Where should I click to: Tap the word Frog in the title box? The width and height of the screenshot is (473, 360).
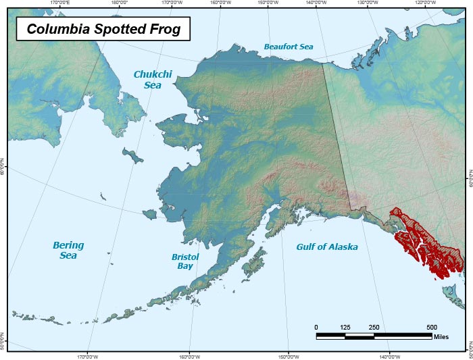click(166, 30)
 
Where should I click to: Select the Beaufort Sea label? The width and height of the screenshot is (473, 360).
click(289, 47)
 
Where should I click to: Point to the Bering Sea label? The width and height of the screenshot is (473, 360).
click(68, 250)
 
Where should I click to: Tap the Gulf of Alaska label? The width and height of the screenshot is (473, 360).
click(327, 247)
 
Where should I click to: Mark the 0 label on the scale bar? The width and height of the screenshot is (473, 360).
click(316, 328)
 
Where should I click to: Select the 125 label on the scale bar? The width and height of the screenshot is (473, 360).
click(345, 328)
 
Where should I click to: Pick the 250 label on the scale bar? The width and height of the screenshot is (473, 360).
click(374, 328)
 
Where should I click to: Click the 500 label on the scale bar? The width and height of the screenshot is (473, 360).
click(431, 328)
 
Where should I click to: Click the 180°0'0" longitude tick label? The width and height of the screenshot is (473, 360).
click(120, 3)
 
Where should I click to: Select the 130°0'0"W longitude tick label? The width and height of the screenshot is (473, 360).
click(368, 3)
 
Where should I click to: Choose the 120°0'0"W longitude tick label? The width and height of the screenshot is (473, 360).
click(424, 3)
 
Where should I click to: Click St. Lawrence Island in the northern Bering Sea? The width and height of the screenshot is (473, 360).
click(134, 157)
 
